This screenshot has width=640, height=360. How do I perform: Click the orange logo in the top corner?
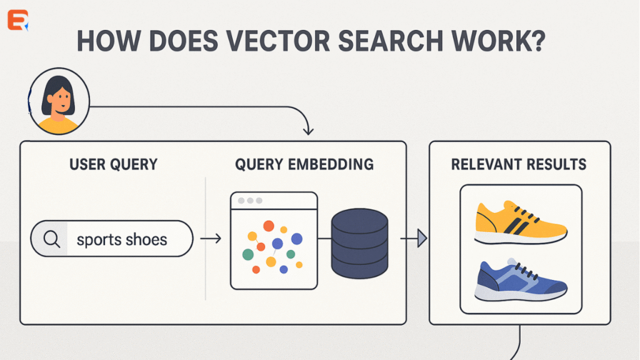tap(18, 20)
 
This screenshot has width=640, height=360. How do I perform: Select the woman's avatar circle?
tap(59, 101)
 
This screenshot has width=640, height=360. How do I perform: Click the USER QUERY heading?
tap(114, 165)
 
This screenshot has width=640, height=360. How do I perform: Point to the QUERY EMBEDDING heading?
tap(304, 165)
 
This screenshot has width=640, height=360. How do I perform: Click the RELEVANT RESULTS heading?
tap(519, 165)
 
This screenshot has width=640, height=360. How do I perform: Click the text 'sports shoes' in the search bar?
tap(122, 239)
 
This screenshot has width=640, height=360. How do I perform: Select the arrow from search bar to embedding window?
tap(211, 239)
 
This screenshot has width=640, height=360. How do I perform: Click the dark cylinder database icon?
tap(359, 244)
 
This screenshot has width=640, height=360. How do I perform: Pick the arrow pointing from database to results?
tap(414, 238)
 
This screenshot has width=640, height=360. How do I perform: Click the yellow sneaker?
tap(521, 222)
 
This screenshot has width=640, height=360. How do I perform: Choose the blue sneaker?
tap(521, 281)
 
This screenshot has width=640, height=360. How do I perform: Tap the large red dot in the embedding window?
tap(269, 226)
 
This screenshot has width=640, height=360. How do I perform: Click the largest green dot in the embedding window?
tap(248, 254)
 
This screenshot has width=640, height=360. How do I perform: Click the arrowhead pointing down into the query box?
tap(307, 131)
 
